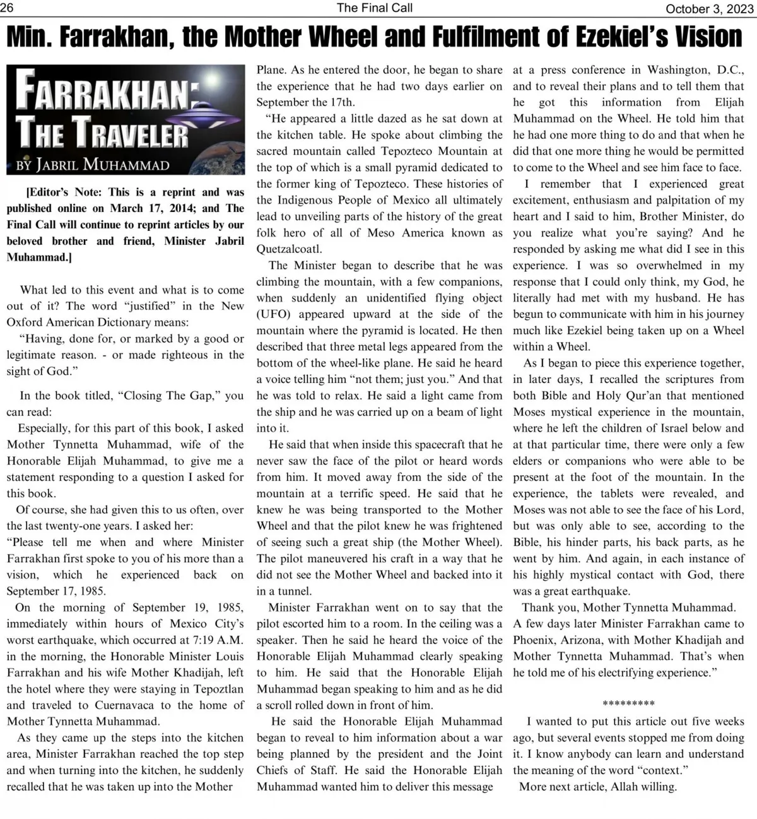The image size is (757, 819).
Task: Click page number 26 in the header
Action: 8,8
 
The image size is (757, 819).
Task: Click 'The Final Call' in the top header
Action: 375,8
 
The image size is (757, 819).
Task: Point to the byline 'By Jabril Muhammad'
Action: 93,165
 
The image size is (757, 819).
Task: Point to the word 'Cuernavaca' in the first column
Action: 126,705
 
